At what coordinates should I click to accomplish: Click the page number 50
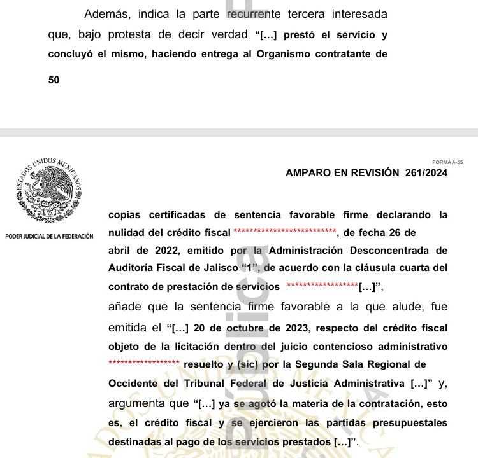[x=54, y=81]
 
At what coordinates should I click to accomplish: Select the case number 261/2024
[x=426, y=172]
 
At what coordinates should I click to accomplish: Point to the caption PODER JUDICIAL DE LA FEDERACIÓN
[x=49, y=237]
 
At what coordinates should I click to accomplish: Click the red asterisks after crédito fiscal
[x=285, y=233]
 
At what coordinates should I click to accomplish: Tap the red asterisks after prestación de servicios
[x=323, y=287]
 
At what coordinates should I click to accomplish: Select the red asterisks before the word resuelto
[x=144, y=364]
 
